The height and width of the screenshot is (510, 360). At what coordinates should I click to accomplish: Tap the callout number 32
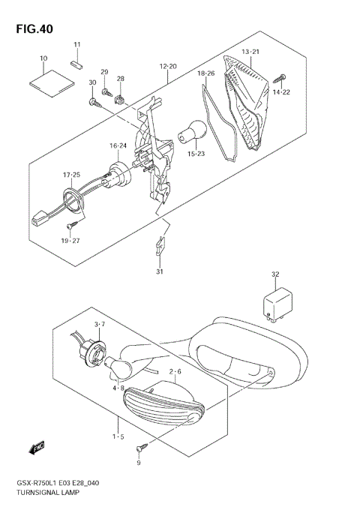coord(275,274)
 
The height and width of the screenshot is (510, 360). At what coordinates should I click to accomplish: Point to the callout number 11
coord(76,46)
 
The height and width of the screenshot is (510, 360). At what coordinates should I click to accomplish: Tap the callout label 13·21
coord(250,51)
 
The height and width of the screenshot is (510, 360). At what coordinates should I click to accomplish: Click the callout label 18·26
coord(206,73)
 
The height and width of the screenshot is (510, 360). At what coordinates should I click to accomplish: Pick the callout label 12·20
coord(168,66)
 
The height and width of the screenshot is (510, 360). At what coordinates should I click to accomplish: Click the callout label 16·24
coord(118,145)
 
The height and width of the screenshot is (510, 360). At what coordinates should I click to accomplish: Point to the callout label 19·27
coord(70,240)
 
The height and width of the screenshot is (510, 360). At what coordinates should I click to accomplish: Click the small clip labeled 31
coord(159,244)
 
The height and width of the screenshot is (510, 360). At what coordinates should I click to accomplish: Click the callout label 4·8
coord(118,388)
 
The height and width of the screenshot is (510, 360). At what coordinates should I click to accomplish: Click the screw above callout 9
coord(139,448)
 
